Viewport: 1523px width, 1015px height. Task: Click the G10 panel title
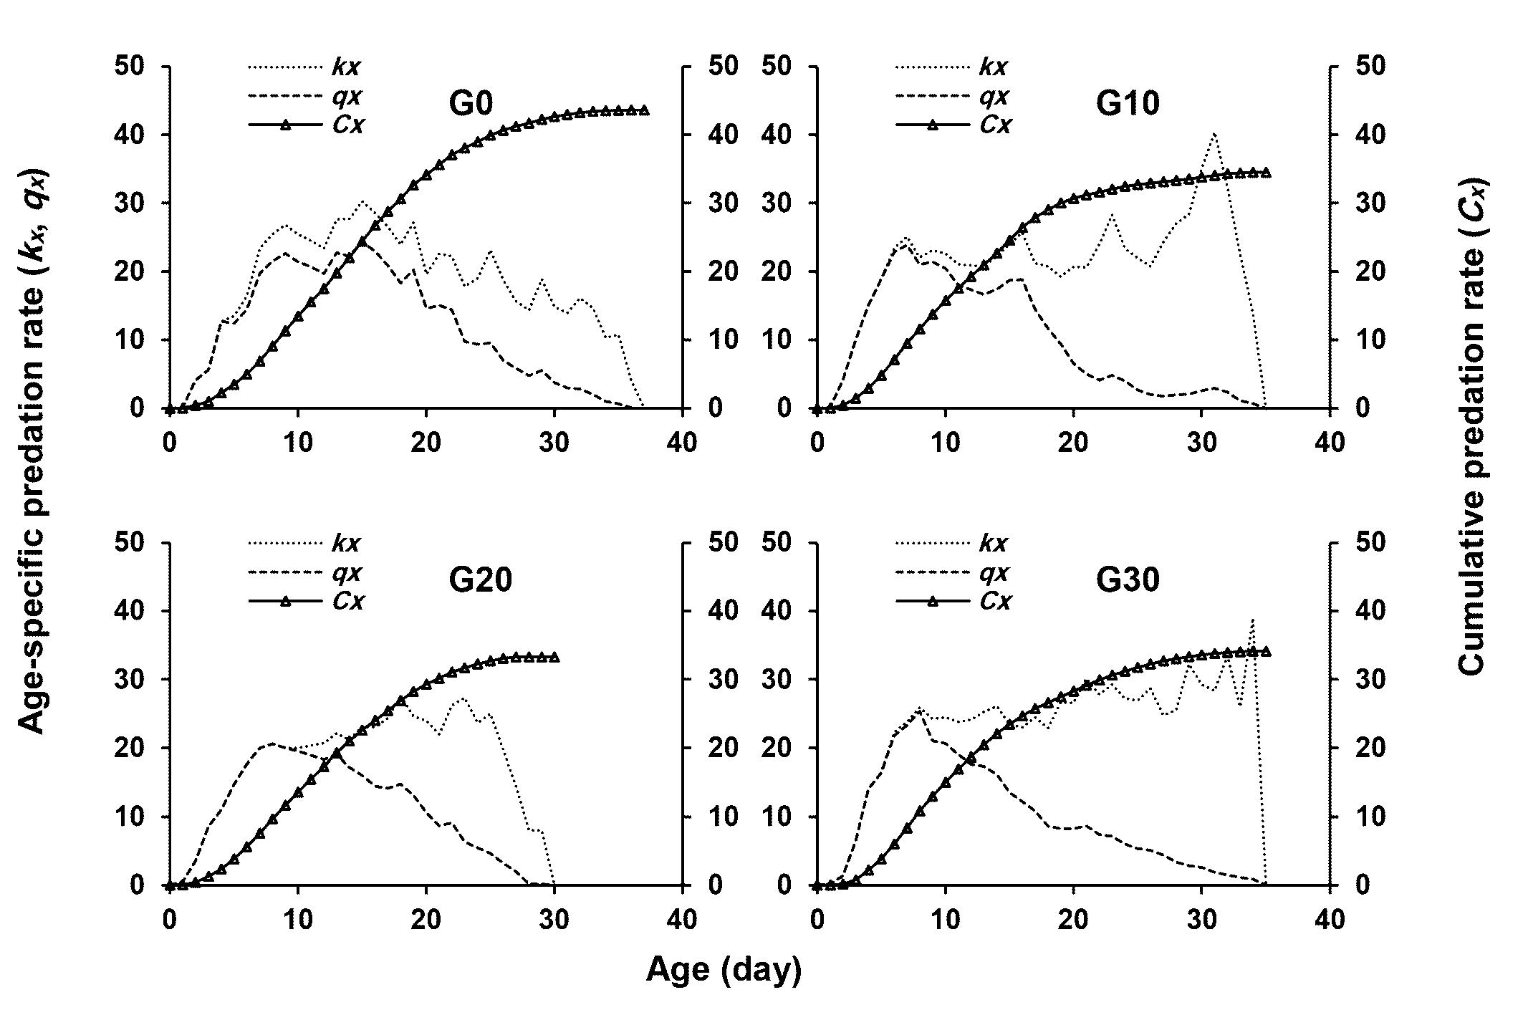1128,105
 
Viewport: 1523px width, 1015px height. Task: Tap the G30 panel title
1128,580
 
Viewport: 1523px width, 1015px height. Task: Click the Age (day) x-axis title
724,969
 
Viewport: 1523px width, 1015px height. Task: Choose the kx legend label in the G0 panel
346,67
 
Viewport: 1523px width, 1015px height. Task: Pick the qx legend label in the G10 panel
994,96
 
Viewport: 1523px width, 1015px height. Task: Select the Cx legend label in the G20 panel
348,601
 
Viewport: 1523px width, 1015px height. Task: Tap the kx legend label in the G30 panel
994,544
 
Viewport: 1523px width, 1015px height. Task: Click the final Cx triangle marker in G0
644,110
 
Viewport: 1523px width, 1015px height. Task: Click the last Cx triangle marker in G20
554,657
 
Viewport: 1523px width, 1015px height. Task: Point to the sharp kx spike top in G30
1252,620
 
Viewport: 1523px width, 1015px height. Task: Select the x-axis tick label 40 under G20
682,918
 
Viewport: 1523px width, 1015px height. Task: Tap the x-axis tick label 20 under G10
1073,442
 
